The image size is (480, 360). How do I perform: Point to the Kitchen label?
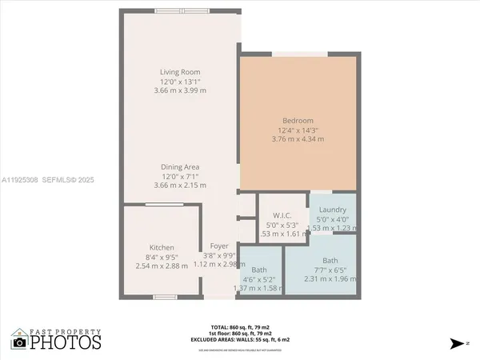pos(162,247)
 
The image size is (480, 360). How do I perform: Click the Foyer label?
pos(219,246)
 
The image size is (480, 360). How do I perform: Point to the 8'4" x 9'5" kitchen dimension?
pos(162,256)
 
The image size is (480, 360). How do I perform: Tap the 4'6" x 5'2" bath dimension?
pos(259,278)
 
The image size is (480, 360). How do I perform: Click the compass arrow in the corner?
pos(457,343)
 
